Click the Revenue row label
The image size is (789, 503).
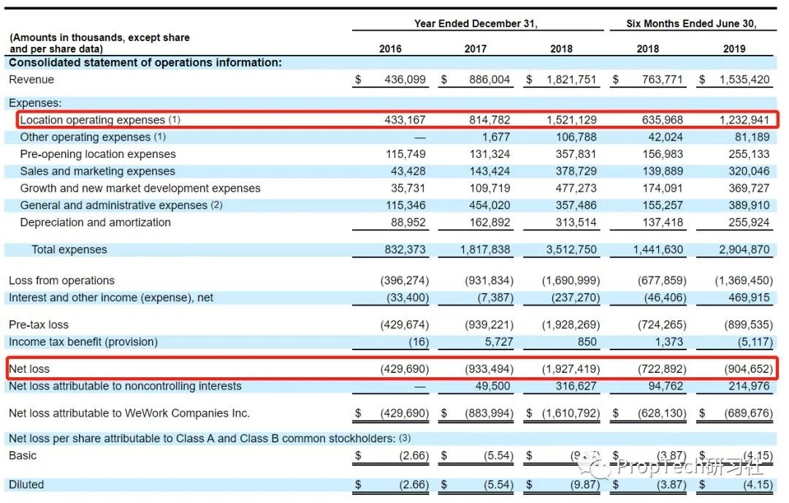31,80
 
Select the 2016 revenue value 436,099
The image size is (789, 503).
405,80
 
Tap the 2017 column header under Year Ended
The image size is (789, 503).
475,49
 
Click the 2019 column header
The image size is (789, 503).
733,49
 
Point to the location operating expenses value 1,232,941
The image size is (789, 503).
744,120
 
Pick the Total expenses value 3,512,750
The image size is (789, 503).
571,250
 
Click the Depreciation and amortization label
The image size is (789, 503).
95,222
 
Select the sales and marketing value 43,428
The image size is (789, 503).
408,171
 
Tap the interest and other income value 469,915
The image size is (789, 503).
749,298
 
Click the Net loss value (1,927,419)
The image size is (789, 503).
571,369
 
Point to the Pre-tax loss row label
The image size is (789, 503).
38,325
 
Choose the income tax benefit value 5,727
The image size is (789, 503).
499,342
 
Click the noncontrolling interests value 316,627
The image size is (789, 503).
576,386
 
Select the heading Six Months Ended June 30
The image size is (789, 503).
691,23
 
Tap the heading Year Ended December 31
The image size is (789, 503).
476,23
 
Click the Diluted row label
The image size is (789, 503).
26,485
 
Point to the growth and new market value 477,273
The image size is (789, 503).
576,189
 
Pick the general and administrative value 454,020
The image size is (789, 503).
489,205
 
